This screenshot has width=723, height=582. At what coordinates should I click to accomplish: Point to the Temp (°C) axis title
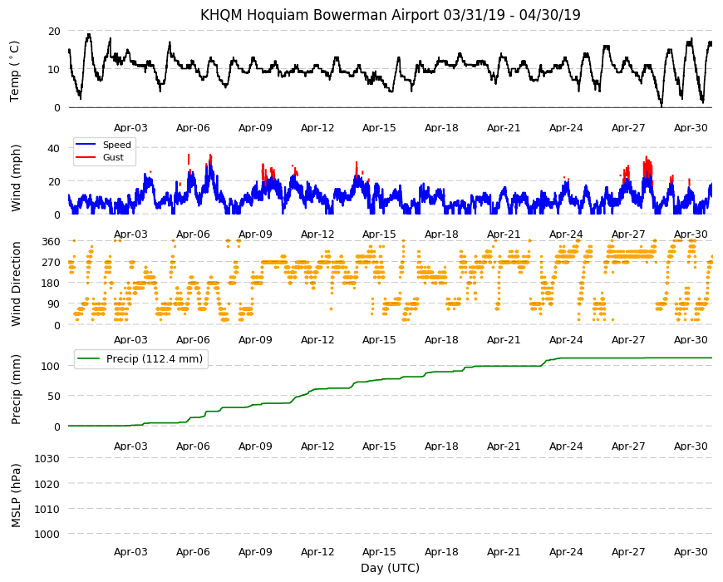(x=15, y=71)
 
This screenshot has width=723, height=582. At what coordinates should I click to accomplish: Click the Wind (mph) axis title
(x=16, y=178)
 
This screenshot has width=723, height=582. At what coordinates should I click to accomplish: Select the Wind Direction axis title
(x=16, y=284)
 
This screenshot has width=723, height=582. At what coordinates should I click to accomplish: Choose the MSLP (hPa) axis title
(x=16, y=496)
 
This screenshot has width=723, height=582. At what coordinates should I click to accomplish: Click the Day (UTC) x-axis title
(x=390, y=568)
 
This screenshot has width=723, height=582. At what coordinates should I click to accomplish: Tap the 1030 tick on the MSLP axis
(x=47, y=458)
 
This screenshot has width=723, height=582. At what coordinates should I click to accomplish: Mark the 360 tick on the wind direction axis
(x=51, y=241)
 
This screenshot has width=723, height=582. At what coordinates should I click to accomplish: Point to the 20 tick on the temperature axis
(x=54, y=32)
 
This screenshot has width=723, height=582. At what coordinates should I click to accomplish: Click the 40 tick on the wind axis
(x=54, y=148)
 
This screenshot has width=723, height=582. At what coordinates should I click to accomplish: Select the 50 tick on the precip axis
(x=54, y=396)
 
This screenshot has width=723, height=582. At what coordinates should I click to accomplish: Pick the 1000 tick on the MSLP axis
(x=47, y=534)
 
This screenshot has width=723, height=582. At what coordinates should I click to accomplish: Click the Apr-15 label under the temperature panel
(x=379, y=128)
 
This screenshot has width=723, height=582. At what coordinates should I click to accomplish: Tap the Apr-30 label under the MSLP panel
(x=691, y=551)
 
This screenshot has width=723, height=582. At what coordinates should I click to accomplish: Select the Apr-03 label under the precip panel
(x=130, y=446)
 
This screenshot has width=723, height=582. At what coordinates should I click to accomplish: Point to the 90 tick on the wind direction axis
(x=54, y=304)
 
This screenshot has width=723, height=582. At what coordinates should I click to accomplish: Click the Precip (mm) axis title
(x=16, y=390)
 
